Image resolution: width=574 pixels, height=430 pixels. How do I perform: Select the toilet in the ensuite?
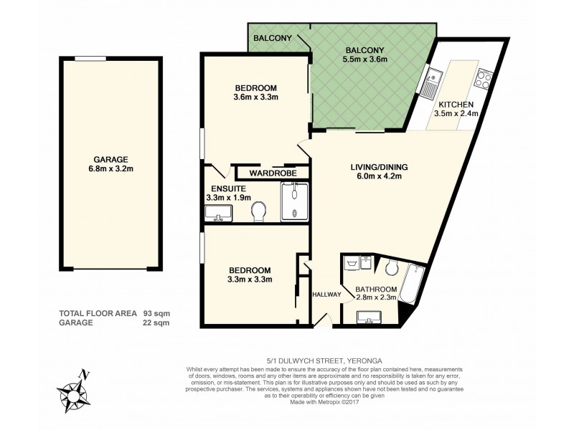click(260, 211)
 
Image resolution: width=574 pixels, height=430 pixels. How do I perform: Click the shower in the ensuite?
click(294, 201)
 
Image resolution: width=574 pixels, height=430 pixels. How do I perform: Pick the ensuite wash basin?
click(217, 214)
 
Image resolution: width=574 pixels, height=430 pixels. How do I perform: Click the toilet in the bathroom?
click(392, 268)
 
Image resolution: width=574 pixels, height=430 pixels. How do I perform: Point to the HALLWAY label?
click(326, 295)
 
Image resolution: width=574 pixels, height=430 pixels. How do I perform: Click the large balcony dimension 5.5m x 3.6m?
click(365, 59)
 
